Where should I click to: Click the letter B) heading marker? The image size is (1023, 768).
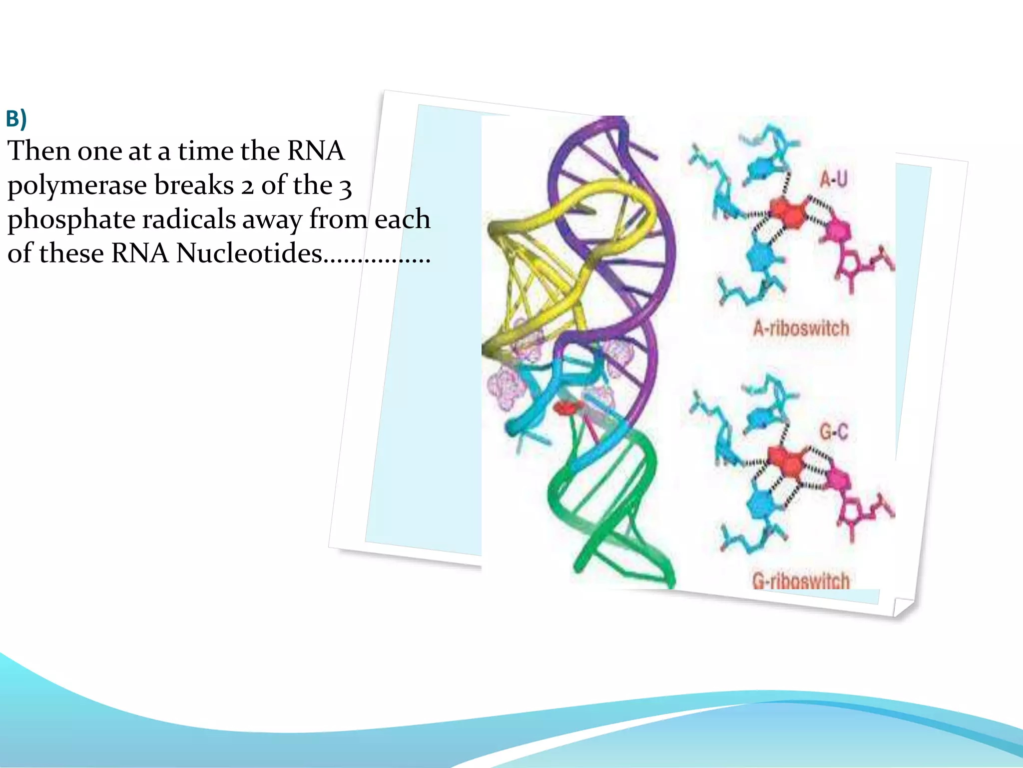pos(16,119)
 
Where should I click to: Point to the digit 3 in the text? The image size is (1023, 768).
pos(346,187)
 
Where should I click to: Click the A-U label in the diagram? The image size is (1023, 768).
pos(833,178)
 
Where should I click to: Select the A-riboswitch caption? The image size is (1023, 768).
pos(801,328)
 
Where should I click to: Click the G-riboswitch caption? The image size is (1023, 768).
pos(801,580)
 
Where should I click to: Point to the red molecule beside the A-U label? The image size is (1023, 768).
pos(788,212)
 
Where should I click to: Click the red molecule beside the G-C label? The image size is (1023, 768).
pos(786,463)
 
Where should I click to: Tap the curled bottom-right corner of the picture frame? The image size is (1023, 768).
pos(903,607)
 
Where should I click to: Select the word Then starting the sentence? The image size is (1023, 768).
pos(39,151)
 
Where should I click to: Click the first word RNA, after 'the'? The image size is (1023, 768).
pos(316,151)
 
